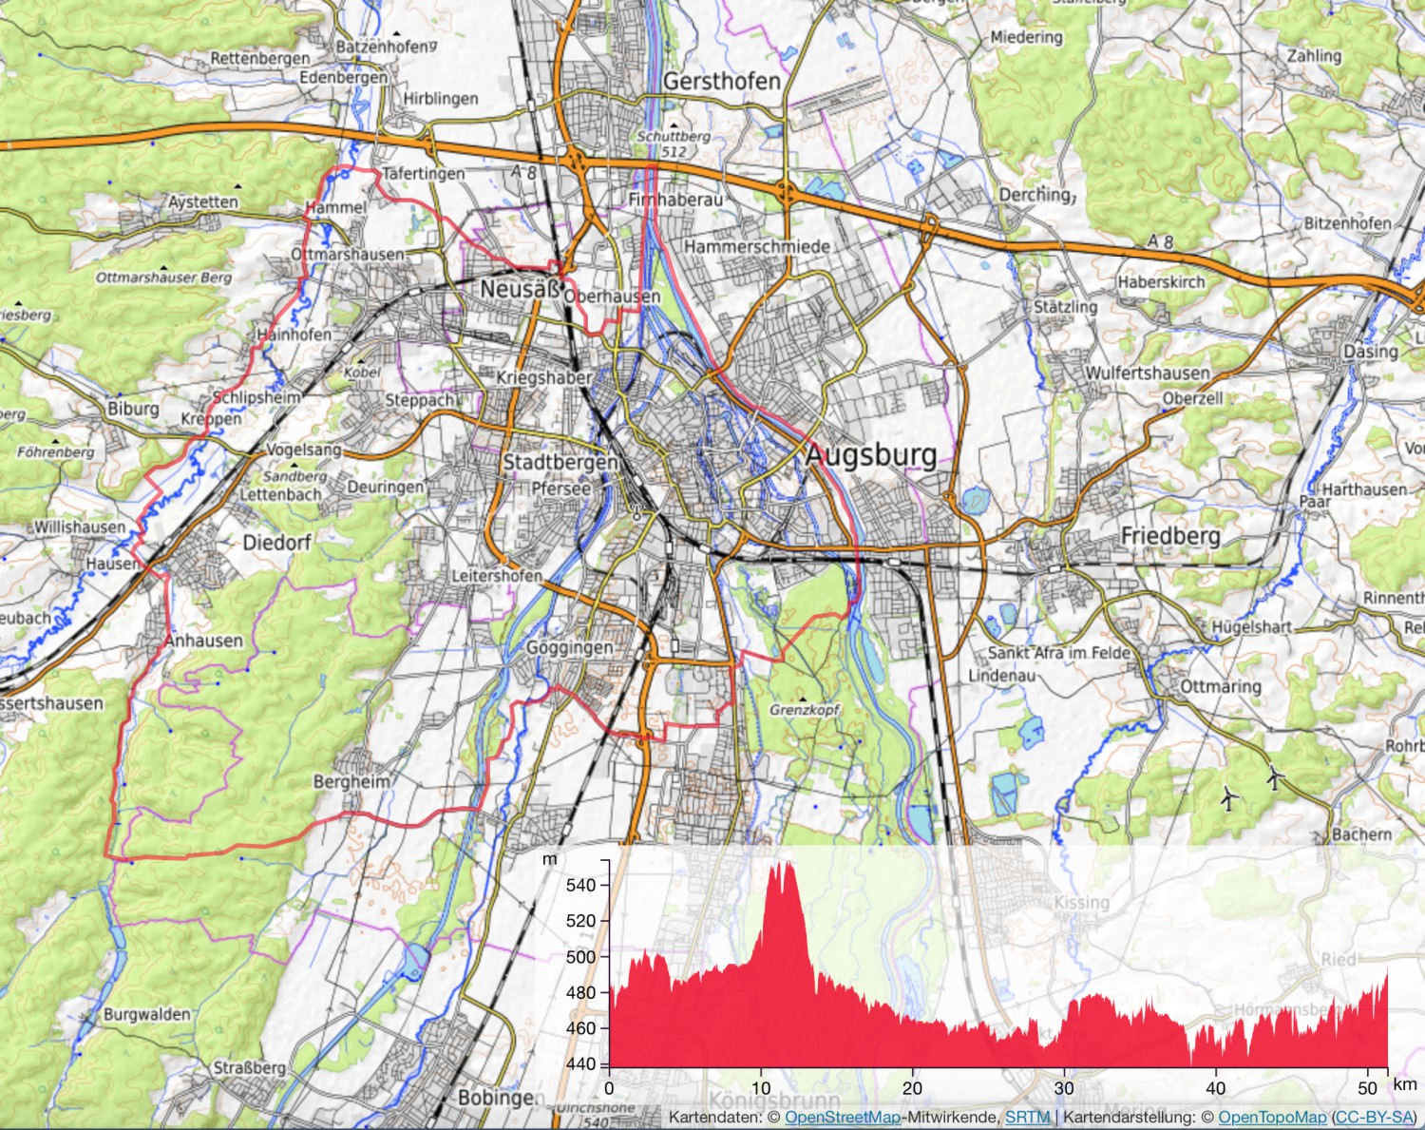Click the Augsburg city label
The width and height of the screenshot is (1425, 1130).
coord(871,455)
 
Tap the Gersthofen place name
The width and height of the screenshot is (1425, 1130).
coord(721,81)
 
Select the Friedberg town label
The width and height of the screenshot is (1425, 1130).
coord(1170,536)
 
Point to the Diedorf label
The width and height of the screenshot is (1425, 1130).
coord(276,543)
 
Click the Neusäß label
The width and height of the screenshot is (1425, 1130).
coord(520,288)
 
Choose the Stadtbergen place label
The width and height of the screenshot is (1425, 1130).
coord(560,463)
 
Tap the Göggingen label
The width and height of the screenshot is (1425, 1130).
coord(570,647)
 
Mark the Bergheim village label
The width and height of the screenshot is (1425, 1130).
coord(351,781)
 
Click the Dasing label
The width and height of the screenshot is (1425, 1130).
coord(1370,351)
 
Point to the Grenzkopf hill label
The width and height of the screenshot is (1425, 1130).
coord(805,710)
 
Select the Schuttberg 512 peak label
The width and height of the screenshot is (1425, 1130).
coord(674,144)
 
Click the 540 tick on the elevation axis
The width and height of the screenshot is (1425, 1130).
coord(580,885)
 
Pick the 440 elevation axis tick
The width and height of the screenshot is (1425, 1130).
coord(580,1063)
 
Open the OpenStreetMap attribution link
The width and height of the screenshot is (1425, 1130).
coord(842,1118)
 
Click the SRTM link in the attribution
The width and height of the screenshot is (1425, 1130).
coord(1027,1118)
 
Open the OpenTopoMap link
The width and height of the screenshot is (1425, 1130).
coord(1272,1118)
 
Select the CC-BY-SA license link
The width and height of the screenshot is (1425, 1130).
coord(1374,1118)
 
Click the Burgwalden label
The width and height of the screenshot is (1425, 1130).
coord(146,1014)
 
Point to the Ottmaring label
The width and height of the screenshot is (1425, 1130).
coord(1221,686)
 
